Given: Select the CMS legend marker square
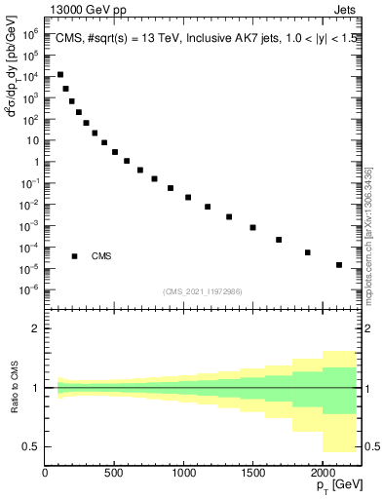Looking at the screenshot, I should point(74,256).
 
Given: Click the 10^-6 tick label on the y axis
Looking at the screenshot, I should point(30,289).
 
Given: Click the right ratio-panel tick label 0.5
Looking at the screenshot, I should point(372,446).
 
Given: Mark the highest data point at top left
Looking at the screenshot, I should point(60,74).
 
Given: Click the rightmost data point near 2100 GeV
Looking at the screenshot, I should point(339,265).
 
